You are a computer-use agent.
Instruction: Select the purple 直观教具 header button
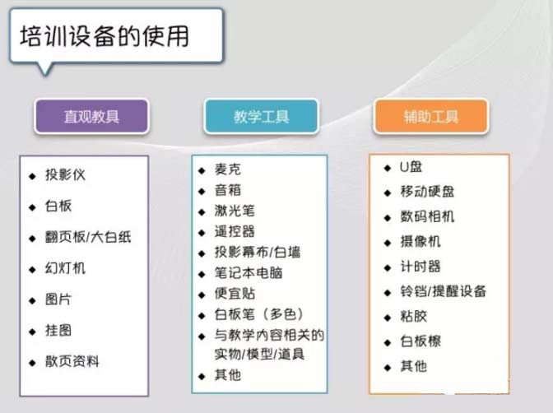click(x=91, y=116)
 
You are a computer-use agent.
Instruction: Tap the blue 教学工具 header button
click(x=259, y=116)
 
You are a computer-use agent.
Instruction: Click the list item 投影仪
click(x=65, y=174)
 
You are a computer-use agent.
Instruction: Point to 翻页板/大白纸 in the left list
click(x=88, y=237)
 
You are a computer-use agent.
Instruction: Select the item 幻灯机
click(x=65, y=268)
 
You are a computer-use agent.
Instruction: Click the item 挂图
click(x=58, y=330)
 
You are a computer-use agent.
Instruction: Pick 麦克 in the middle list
click(x=228, y=169)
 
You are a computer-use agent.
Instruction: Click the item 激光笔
click(x=235, y=211)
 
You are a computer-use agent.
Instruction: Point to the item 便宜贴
click(x=235, y=293)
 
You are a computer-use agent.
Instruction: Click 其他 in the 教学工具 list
click(x=228, y=375)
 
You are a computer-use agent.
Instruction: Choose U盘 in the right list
click(x=411, y=167)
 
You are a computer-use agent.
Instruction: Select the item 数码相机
click(x=427, y=216)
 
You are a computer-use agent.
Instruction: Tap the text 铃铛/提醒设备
click(x=443, y=291)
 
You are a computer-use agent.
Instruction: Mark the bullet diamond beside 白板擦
click(x=388, y=341)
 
